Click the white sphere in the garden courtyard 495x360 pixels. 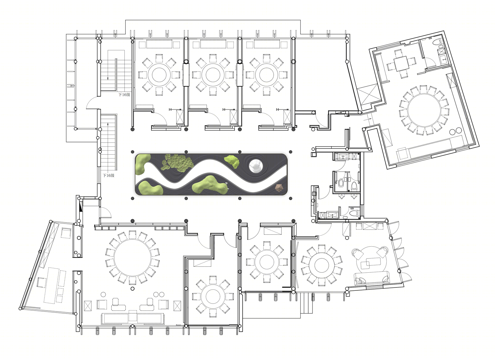point(256,166)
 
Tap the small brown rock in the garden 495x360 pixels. point(279,188)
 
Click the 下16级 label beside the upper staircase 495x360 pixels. point(124,95)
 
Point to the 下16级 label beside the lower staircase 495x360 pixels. point(109,175)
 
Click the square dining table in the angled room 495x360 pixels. point(402,64)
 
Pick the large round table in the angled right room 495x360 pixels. point(424,110)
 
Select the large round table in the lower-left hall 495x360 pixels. point(133,257)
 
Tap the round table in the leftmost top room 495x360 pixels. point(159,75)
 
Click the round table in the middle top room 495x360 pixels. point(213,75)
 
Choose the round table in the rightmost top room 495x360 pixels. point(266,75)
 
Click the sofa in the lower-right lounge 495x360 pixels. point(372,279)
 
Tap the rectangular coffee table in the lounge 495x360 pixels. point(371,262)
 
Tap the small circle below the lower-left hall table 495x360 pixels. point(133,288)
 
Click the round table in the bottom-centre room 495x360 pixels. point(213,296)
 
